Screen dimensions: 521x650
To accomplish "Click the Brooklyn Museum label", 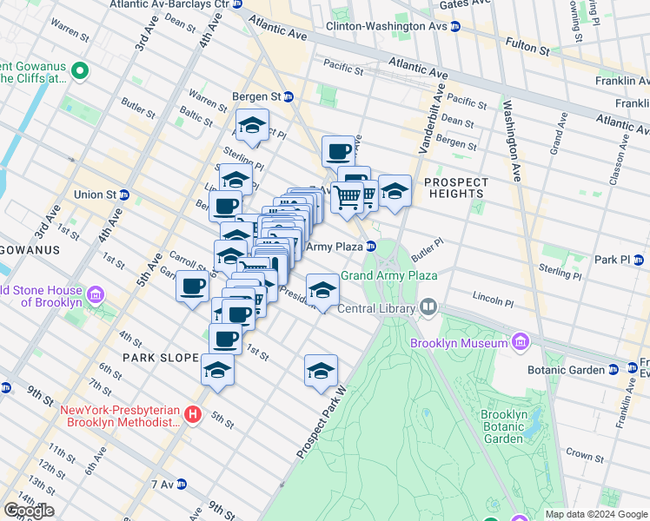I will pos(471,343).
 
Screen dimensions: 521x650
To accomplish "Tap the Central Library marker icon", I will pos(428,307).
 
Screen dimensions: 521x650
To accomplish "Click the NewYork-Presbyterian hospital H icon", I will pos(194,416).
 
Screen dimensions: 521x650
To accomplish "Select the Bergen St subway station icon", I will pos(289,97).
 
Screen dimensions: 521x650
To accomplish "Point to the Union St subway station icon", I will pos(124,194).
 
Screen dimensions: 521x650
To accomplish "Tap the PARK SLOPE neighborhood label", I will pos(156,357).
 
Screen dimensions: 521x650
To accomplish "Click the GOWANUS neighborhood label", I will pos(30,250).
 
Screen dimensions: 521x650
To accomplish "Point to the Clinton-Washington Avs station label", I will pos(387,26).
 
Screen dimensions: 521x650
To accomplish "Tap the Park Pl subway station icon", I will pos(639,259).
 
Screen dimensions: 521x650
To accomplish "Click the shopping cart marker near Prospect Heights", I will pos(348,197).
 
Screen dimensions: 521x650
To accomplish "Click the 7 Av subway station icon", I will pos(181,484).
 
